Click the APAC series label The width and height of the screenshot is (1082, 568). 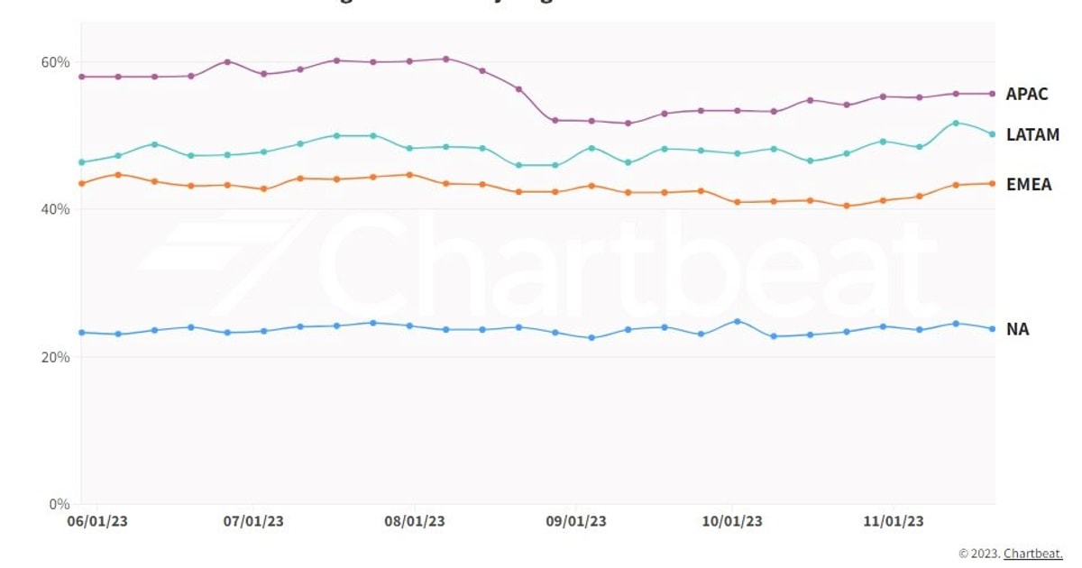tap(1027, 94)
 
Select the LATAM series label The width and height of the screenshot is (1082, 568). tap(1032, 135)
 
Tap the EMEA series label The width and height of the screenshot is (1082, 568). tap(1029, 185)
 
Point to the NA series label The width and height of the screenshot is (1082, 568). tap(1017, 330)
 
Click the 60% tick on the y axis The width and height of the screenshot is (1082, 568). tap(55, 62)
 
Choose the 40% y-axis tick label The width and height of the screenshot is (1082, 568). tap(55, 209)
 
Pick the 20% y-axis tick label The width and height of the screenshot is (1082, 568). tap(55, 357)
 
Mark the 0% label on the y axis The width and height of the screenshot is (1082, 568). tap(59, 504)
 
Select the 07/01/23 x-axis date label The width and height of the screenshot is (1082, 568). tap(254, 522)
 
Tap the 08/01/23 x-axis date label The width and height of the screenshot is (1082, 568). tap(415, 522)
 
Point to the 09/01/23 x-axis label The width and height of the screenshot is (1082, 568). tap(576, 522)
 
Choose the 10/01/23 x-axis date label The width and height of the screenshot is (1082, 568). tap(732, 522)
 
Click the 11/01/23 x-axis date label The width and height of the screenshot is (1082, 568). tap(894, 522)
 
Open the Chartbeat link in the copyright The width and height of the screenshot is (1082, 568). tap(1033, 554)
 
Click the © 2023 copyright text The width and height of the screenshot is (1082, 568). tap(979, 554)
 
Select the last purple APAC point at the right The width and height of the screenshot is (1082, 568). tap(992, 94)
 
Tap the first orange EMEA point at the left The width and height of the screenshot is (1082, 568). tap(82, 184)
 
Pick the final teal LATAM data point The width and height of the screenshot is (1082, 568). tap(992, 134)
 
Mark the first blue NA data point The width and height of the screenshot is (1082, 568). tap(82, 333)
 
